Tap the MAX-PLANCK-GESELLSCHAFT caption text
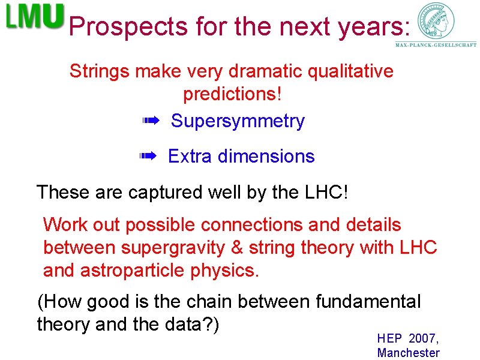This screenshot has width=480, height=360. [x=436, y=45]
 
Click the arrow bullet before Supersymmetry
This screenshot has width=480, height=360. [x=150, y=122]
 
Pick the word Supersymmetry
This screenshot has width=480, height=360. [x=238, y=121]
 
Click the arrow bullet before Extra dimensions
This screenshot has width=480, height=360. [x=148, y=157]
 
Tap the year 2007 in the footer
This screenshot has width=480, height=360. [x=424, y=338]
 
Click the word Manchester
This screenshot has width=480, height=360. [x=408, y=353]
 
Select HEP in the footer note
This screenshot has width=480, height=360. [x=389, y=338]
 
